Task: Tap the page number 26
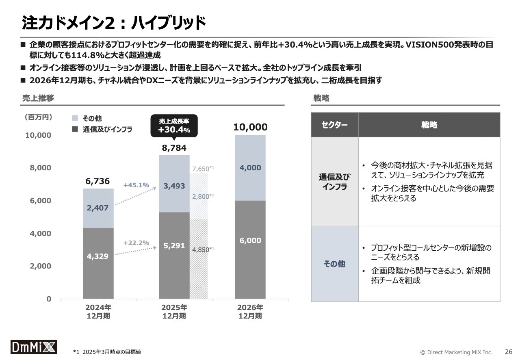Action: click(508, 351)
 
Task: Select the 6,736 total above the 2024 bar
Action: click(97, 181)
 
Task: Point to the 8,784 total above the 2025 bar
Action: click(174, 148)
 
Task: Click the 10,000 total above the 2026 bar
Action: click(250, 127)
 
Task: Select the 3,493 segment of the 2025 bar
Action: click(174, 186)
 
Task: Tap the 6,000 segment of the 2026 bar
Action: click(250, 241)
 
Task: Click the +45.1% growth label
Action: click(136, 185)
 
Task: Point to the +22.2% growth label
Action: click(136, 243)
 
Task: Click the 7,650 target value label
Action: click(203, 169)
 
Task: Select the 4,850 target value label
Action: click(203, 249)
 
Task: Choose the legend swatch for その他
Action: click(75, 118)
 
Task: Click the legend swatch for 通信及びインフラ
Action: click(75, 130)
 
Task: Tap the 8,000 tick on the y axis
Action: click(39, 168)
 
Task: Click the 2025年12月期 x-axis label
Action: click(174, 311)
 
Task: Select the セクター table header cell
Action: click(334, 125)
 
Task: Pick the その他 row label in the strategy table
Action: click(334, 264)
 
